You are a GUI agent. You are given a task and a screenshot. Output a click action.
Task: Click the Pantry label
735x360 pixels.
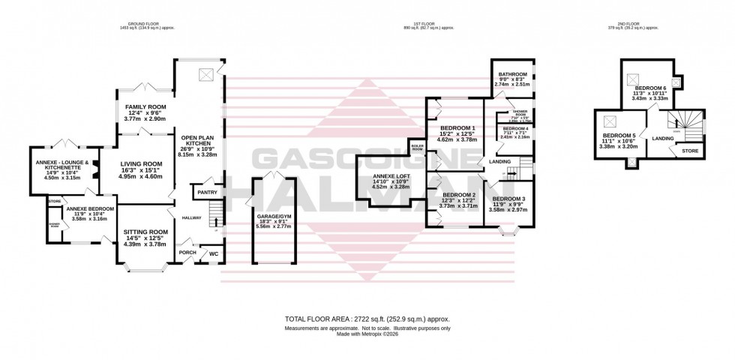207,193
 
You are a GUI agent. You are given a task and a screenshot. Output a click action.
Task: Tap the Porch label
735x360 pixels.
187,253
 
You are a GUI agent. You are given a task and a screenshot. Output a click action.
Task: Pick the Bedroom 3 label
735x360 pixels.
508,199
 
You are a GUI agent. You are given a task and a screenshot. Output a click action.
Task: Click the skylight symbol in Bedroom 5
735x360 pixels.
610,121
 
